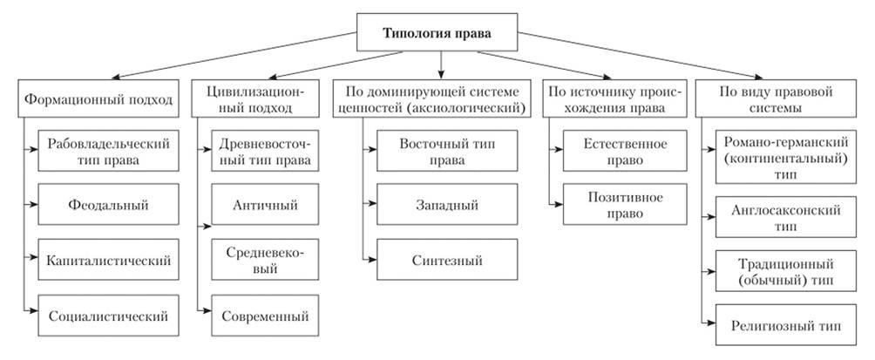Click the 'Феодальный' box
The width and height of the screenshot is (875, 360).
(108, 207)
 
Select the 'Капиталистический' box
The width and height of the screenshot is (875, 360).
(108, 260)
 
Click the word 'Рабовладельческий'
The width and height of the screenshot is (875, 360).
(108, 143)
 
